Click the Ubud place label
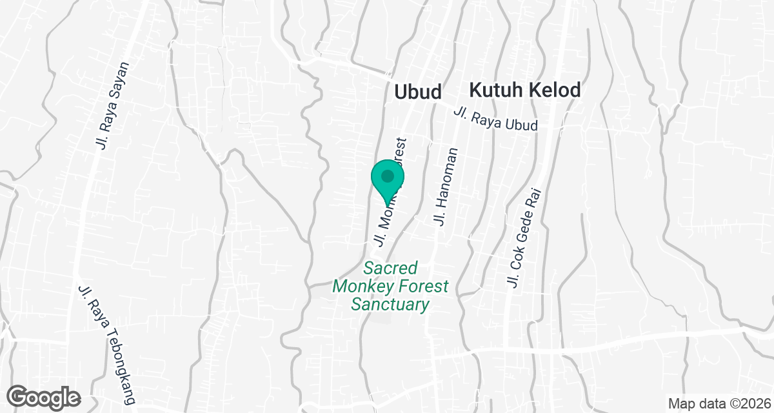(417, 92)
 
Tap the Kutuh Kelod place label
(525, 90)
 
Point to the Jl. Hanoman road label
(447, 187)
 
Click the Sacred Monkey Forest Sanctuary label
(390, 286)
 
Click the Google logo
(45, 397)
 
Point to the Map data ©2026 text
(720, 403)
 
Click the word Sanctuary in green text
(390, 304)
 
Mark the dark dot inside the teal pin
(387, 176)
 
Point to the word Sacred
(390, 268)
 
